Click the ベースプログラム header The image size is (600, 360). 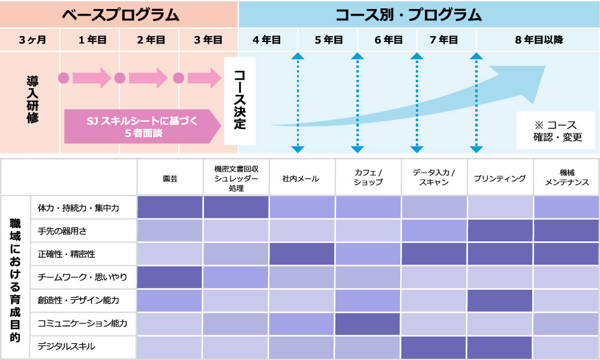(x=120, y=13)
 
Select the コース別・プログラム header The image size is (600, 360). (x=418, y=13)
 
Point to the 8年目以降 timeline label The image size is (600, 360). (x=538, y=40)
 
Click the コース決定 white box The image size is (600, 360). (x=239, y=100)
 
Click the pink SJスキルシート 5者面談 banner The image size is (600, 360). (x=142, y=126)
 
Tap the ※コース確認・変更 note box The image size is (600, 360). (x=554, y=131)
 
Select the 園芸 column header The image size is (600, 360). (x=170, y=178)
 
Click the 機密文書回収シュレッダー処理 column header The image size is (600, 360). (x=236, y=178)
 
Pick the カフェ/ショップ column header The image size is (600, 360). (x=368, y=178)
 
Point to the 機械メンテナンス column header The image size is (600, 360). (x=566, y=178)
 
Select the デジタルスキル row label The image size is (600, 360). (x=66, y=347)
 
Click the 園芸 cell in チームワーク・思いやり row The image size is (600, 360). (x=170, y=277)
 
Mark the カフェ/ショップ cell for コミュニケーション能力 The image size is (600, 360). (x=368, y=324)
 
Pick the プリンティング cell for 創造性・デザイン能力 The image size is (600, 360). (x=500, y=301)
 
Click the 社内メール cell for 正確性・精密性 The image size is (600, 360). (x=302, y=254)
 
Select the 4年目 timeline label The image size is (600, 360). (x=267, y=40)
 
